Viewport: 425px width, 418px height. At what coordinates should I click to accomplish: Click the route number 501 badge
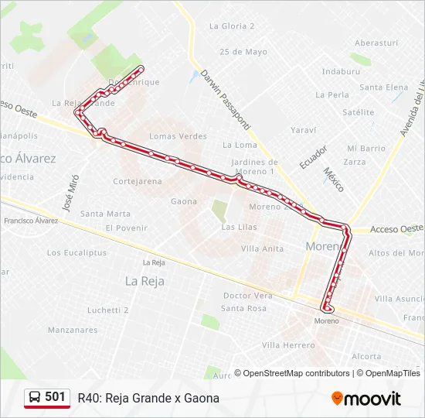coord(47,397)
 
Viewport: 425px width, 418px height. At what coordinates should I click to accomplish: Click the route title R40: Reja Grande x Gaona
coord(148,398)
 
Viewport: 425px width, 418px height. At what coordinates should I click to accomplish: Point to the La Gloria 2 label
coord(232,26)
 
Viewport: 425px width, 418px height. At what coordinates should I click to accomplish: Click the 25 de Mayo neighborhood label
coord(243,52)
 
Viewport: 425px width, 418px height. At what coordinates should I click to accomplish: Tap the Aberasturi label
coord(376,43)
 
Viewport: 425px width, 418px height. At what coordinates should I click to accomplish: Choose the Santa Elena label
coord(383,87)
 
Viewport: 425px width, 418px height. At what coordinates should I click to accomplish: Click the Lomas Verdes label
coord(178,136)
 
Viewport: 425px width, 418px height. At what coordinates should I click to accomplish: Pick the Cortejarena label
coord(138,181)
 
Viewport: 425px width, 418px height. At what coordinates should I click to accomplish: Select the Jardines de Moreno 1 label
coord(254,166)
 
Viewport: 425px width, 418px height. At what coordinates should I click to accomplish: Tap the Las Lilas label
coord(239,227)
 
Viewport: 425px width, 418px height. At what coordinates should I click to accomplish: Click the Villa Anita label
coord(262,248)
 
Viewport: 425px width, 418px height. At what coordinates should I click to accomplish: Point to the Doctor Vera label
coord(247,296)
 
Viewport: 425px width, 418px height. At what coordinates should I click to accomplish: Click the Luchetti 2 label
coord(107,310)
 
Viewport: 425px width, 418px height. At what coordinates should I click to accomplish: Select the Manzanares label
coord(73,330)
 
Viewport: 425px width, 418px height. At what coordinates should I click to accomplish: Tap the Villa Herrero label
coord(288,345)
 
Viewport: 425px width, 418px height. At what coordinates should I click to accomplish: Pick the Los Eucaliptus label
coord(76,252)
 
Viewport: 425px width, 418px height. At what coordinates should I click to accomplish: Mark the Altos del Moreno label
coord(396,253)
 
